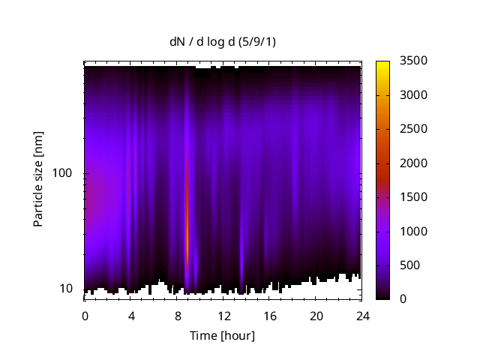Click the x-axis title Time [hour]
222,335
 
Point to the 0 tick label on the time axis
85,316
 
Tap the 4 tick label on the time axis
131,316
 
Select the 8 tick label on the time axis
177,316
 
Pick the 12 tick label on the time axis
223,316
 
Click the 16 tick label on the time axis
270,316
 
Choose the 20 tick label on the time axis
316,316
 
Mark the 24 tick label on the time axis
362,316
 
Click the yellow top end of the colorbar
382,64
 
